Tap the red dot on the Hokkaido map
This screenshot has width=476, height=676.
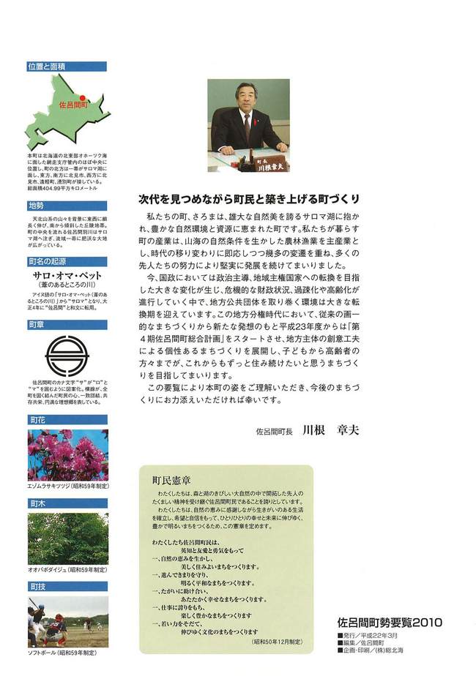click(x=83, y=97)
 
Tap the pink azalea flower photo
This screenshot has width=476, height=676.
click(x=67, y=454)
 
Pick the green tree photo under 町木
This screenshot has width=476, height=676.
click(x=67, y=538)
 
